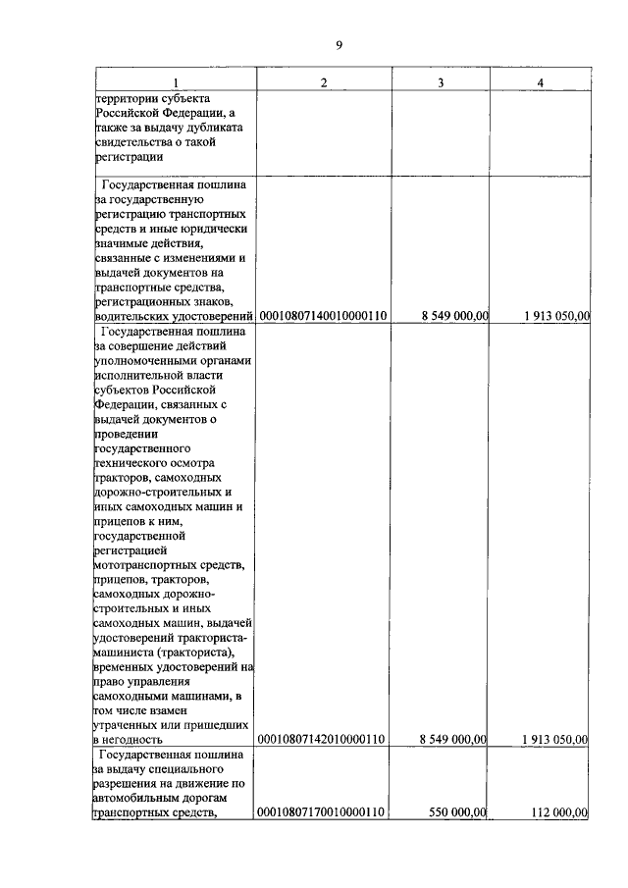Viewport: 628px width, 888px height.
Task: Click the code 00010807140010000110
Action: [x=323, y=316]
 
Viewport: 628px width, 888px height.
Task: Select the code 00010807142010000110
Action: [x=323, y=738]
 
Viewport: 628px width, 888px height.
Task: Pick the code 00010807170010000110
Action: [x=323, y=811]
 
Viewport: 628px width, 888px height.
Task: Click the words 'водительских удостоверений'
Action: [x=173, y=316]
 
